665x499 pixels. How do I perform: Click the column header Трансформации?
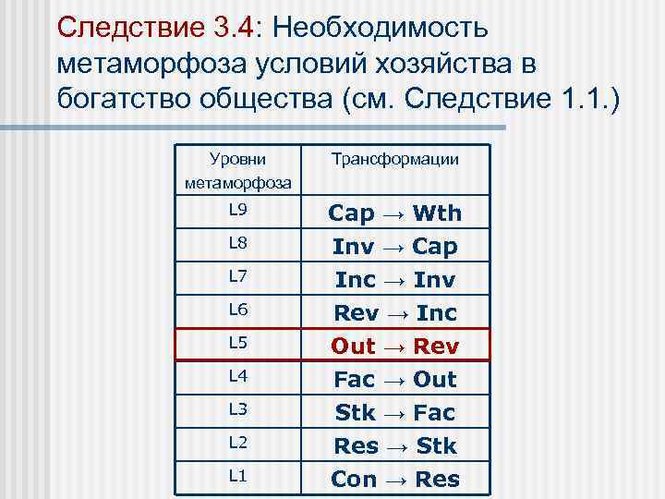coord(394,160)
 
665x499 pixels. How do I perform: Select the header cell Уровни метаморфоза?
coord(238,171)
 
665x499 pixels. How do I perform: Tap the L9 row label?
coord(238,210)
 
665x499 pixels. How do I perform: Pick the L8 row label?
coord(238,243)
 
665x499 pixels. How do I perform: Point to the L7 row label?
coord(238,276)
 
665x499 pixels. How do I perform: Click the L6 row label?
coord(238,310)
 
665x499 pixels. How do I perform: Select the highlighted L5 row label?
coord(238,343)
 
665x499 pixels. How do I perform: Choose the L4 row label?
coord(238,376)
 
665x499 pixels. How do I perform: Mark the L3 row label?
coord(238,409)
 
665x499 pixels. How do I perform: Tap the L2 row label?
coord(238,443)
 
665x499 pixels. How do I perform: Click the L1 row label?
coord(238,476)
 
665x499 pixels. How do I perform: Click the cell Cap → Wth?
coord(394,213)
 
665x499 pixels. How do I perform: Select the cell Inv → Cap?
coord(394,247)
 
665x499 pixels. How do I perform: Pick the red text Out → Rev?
coord(394,347)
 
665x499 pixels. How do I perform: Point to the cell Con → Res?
coord(394,480)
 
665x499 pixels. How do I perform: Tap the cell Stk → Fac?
coord(394,413)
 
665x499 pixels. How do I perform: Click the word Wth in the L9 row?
coord(437,213)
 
